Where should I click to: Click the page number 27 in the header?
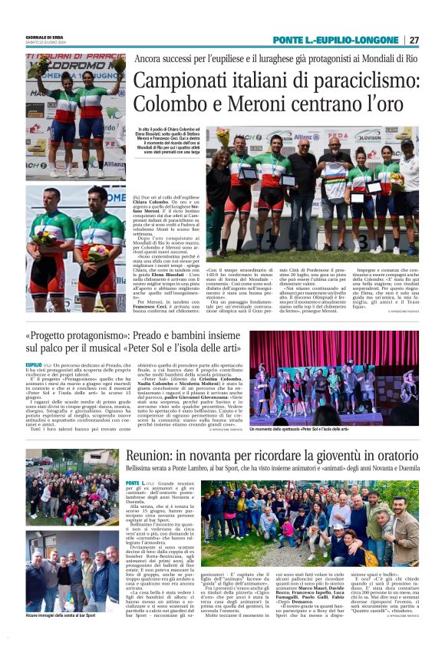pos(414,40)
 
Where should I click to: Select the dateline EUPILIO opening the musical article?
pos(34,364)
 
